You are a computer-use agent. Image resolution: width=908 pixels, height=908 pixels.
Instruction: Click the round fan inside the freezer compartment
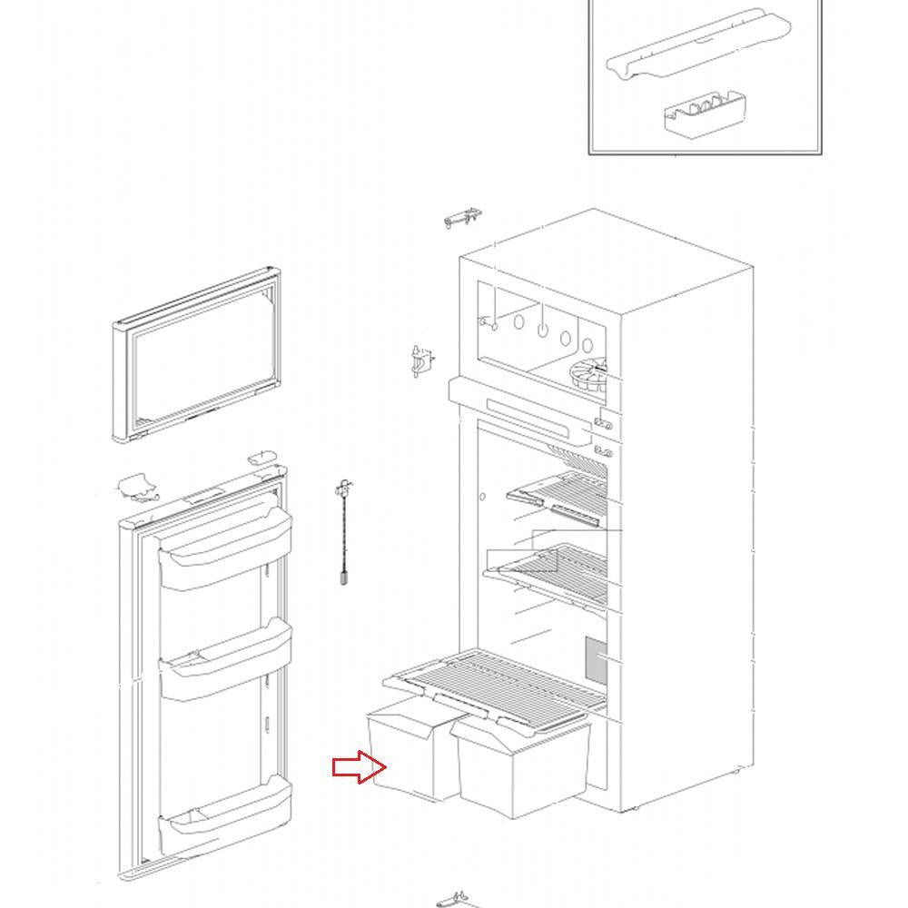[x=587, y=376]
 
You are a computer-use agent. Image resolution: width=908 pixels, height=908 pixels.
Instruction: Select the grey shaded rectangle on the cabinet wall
[x=595, y=661]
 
